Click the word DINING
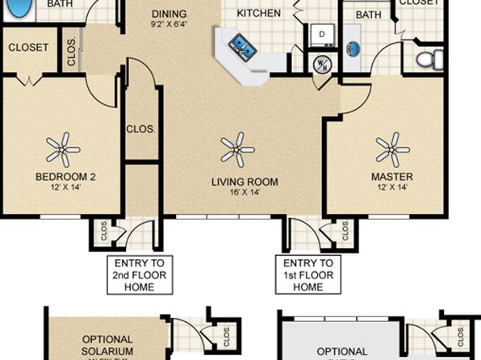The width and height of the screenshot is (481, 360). [169, 14]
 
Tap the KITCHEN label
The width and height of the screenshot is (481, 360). [259, 13]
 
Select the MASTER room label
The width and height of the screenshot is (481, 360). [391, 177]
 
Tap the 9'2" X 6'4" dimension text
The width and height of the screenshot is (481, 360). [169, 24]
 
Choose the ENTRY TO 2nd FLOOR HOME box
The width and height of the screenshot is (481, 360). [140, 275]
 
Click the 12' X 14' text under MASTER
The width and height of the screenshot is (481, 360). [391, 187]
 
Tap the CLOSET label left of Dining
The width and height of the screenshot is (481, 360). [28, 48]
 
